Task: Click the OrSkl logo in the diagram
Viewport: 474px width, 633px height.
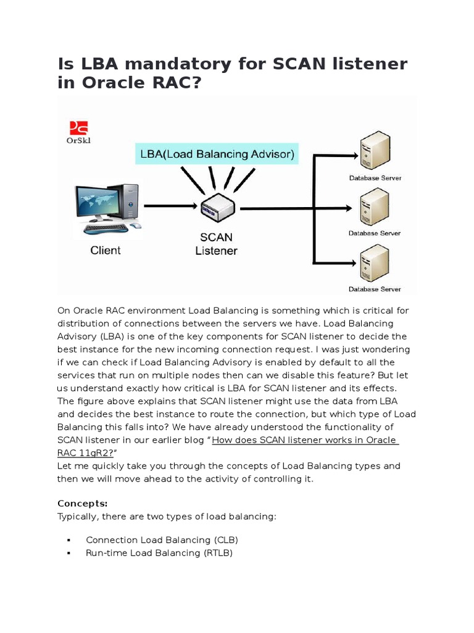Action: coord(78,131)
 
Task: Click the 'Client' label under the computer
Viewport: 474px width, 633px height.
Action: coord(106,250)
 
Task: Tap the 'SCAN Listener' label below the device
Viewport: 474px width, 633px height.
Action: coord(216,244)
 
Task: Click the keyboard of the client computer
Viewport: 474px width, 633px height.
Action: coord(106,228)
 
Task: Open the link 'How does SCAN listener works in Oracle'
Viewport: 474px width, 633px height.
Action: coord(305,440)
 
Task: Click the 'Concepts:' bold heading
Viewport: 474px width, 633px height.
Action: coord(82,503)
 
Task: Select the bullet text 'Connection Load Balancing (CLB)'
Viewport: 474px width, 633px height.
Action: coord(162,540)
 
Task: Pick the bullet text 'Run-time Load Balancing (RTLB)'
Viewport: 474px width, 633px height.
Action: coord(159,553)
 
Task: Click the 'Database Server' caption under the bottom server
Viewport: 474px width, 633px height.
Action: coord(375,289)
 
